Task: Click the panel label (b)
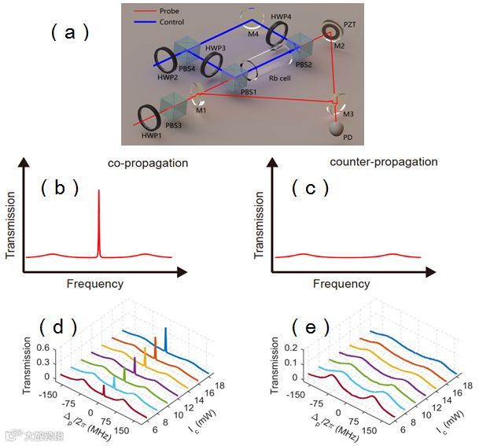[x=61, y=188]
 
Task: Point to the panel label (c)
[x=309, y=189]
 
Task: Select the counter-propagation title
[x=393, y=161]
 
